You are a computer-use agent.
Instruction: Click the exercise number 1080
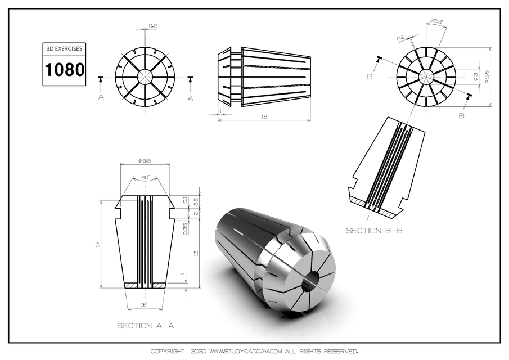pos(65,70)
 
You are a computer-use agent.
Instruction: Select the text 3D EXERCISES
pos(65,49)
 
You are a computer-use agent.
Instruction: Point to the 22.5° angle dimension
pos(436,22)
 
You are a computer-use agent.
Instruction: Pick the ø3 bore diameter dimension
pos(475,75)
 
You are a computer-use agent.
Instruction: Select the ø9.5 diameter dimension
pos(146,161)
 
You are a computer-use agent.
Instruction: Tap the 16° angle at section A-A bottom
pos(145,305)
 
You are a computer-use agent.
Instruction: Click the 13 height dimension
pos(195,254)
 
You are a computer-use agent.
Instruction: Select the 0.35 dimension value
pos(185,228)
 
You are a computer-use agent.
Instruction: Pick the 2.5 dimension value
pos(195,201)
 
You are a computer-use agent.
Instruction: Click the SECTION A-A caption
pos(142,326)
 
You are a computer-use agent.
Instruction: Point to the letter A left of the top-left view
pos(101,97)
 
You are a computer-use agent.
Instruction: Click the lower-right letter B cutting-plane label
pos(461,115)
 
